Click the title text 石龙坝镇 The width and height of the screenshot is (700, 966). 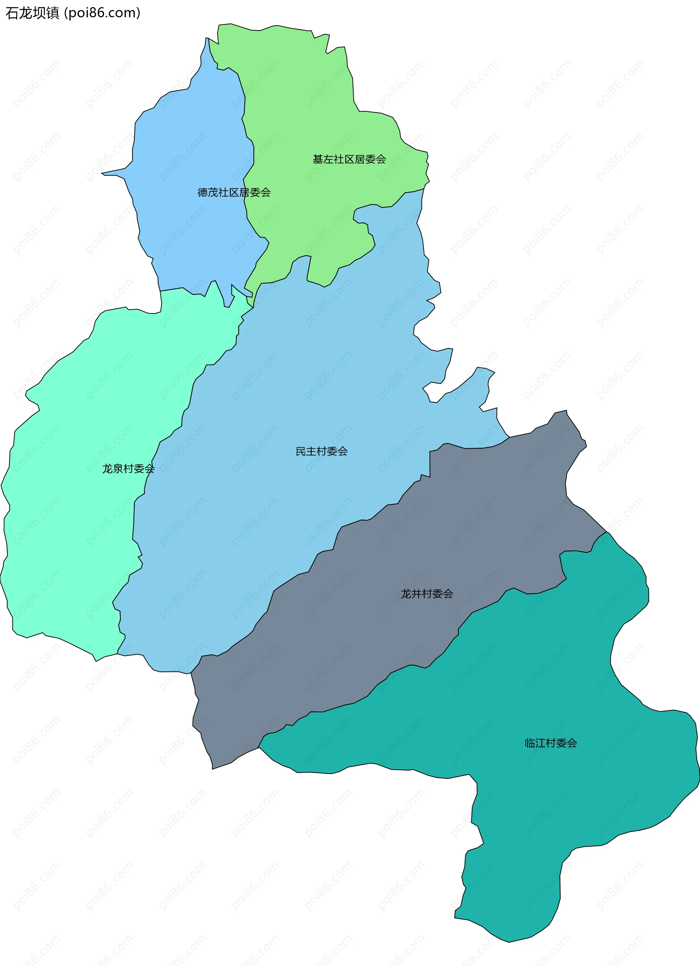(x=32, y=13)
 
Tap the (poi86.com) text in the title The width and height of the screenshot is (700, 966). (x=102, y=13)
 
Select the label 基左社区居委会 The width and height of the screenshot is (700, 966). (x=349, y=159)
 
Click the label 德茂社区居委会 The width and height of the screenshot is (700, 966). (x=234, y=192)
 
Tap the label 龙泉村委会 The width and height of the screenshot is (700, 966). (x=128, y=468)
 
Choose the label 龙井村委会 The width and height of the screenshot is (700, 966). (x=427, y=594)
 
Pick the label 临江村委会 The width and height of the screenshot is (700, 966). (x=551, y=743)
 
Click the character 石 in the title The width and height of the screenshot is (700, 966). (x=12, y=13)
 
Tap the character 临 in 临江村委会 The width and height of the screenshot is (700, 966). (x=530, y=743)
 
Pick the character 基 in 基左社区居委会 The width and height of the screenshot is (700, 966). (x=318, y=159)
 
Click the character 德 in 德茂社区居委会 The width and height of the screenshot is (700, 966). (x=203, y=192)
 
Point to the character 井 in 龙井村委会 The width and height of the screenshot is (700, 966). (x=416, y=594)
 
